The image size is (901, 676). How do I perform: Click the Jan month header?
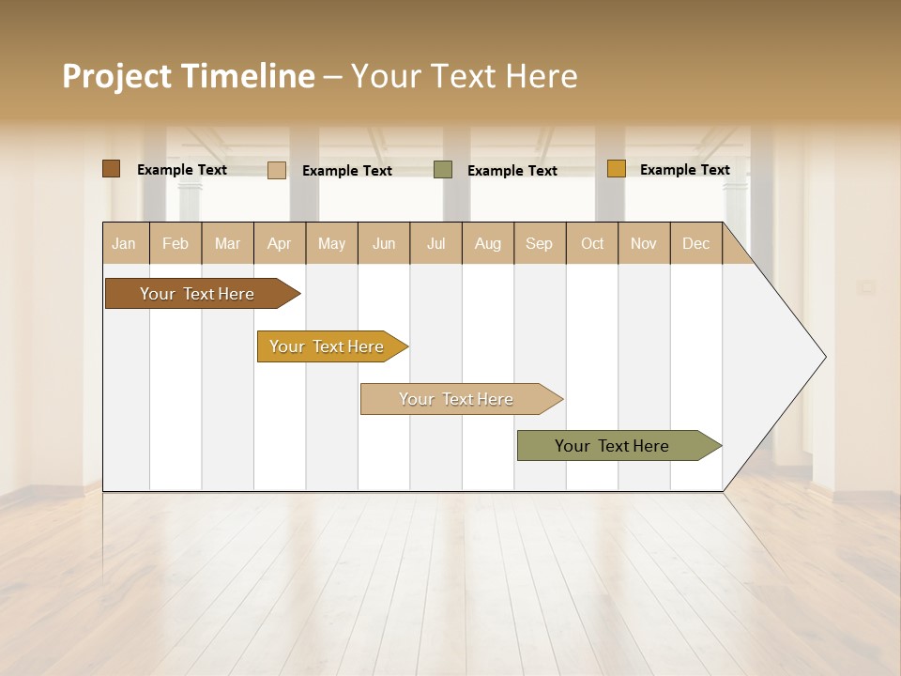(124, 243)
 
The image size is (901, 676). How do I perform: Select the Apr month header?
(279, 243)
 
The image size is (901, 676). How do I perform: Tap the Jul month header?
(435, 243)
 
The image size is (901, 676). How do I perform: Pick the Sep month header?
(539, 243)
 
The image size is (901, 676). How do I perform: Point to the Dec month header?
(695, 243)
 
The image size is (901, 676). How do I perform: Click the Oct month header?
(592, 243)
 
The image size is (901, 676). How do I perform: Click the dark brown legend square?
(111, 169)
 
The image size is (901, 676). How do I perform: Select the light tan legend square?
(276, 170)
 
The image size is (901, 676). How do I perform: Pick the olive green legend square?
(443, 170)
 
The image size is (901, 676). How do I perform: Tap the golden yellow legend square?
(616, 169)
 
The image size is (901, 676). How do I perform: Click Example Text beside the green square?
(512, 170)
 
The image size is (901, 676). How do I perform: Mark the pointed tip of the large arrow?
(824, 357)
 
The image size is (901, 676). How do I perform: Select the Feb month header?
(176, 243)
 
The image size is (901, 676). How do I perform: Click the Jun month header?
(384, 243)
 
